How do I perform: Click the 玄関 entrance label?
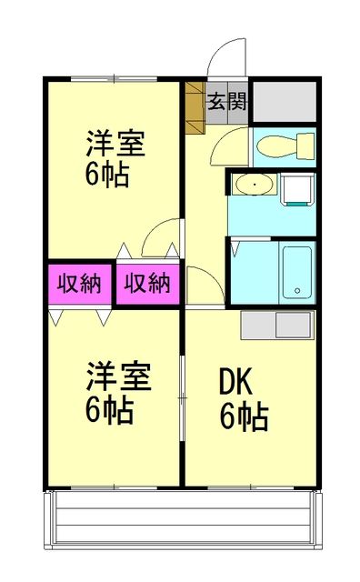(x=226, y=101)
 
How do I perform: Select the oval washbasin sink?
(x=254, y=187)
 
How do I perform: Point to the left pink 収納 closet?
(x=79, y=284)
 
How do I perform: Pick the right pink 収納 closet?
(x=147, y=284)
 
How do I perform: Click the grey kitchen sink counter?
(x=276, y=324)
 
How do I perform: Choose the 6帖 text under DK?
(x=243, y=417)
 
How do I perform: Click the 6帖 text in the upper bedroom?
(x=107, y=174)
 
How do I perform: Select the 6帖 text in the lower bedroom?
(x=109, y=410)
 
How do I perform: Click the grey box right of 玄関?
(x=284, y=102)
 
